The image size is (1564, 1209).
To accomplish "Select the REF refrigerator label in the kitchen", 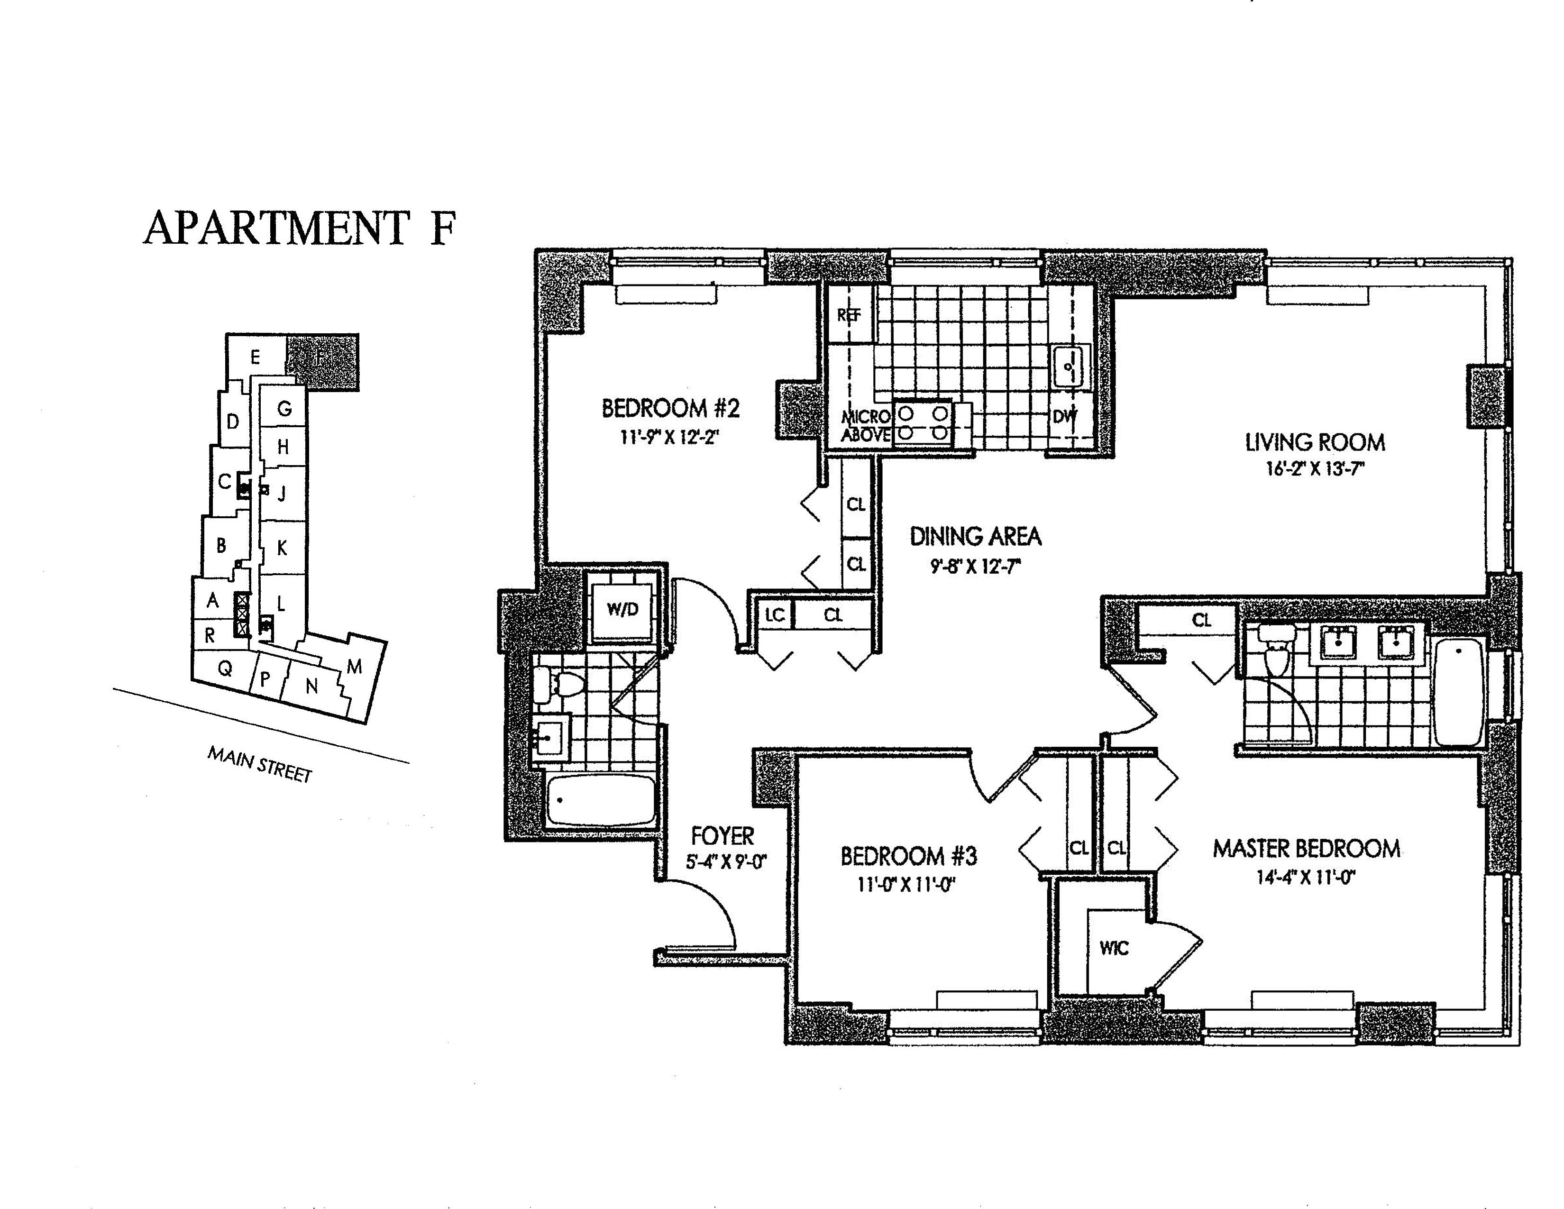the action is tap(849, 315).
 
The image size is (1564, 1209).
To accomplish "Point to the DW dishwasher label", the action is tap(1064, 417).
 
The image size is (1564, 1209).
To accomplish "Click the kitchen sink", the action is tap(1069, 366).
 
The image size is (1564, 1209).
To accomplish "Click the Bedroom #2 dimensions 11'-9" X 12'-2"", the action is tap(669, 437).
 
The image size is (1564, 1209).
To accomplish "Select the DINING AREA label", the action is tap(975, 536).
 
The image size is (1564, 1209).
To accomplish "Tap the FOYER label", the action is tap(723, 836).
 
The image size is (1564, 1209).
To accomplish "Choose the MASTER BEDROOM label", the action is tap(1306, 849).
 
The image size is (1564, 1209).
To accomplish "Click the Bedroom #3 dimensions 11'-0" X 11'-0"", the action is tap(908, 885).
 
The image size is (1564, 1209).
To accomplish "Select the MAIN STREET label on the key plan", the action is tap(260, 764).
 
